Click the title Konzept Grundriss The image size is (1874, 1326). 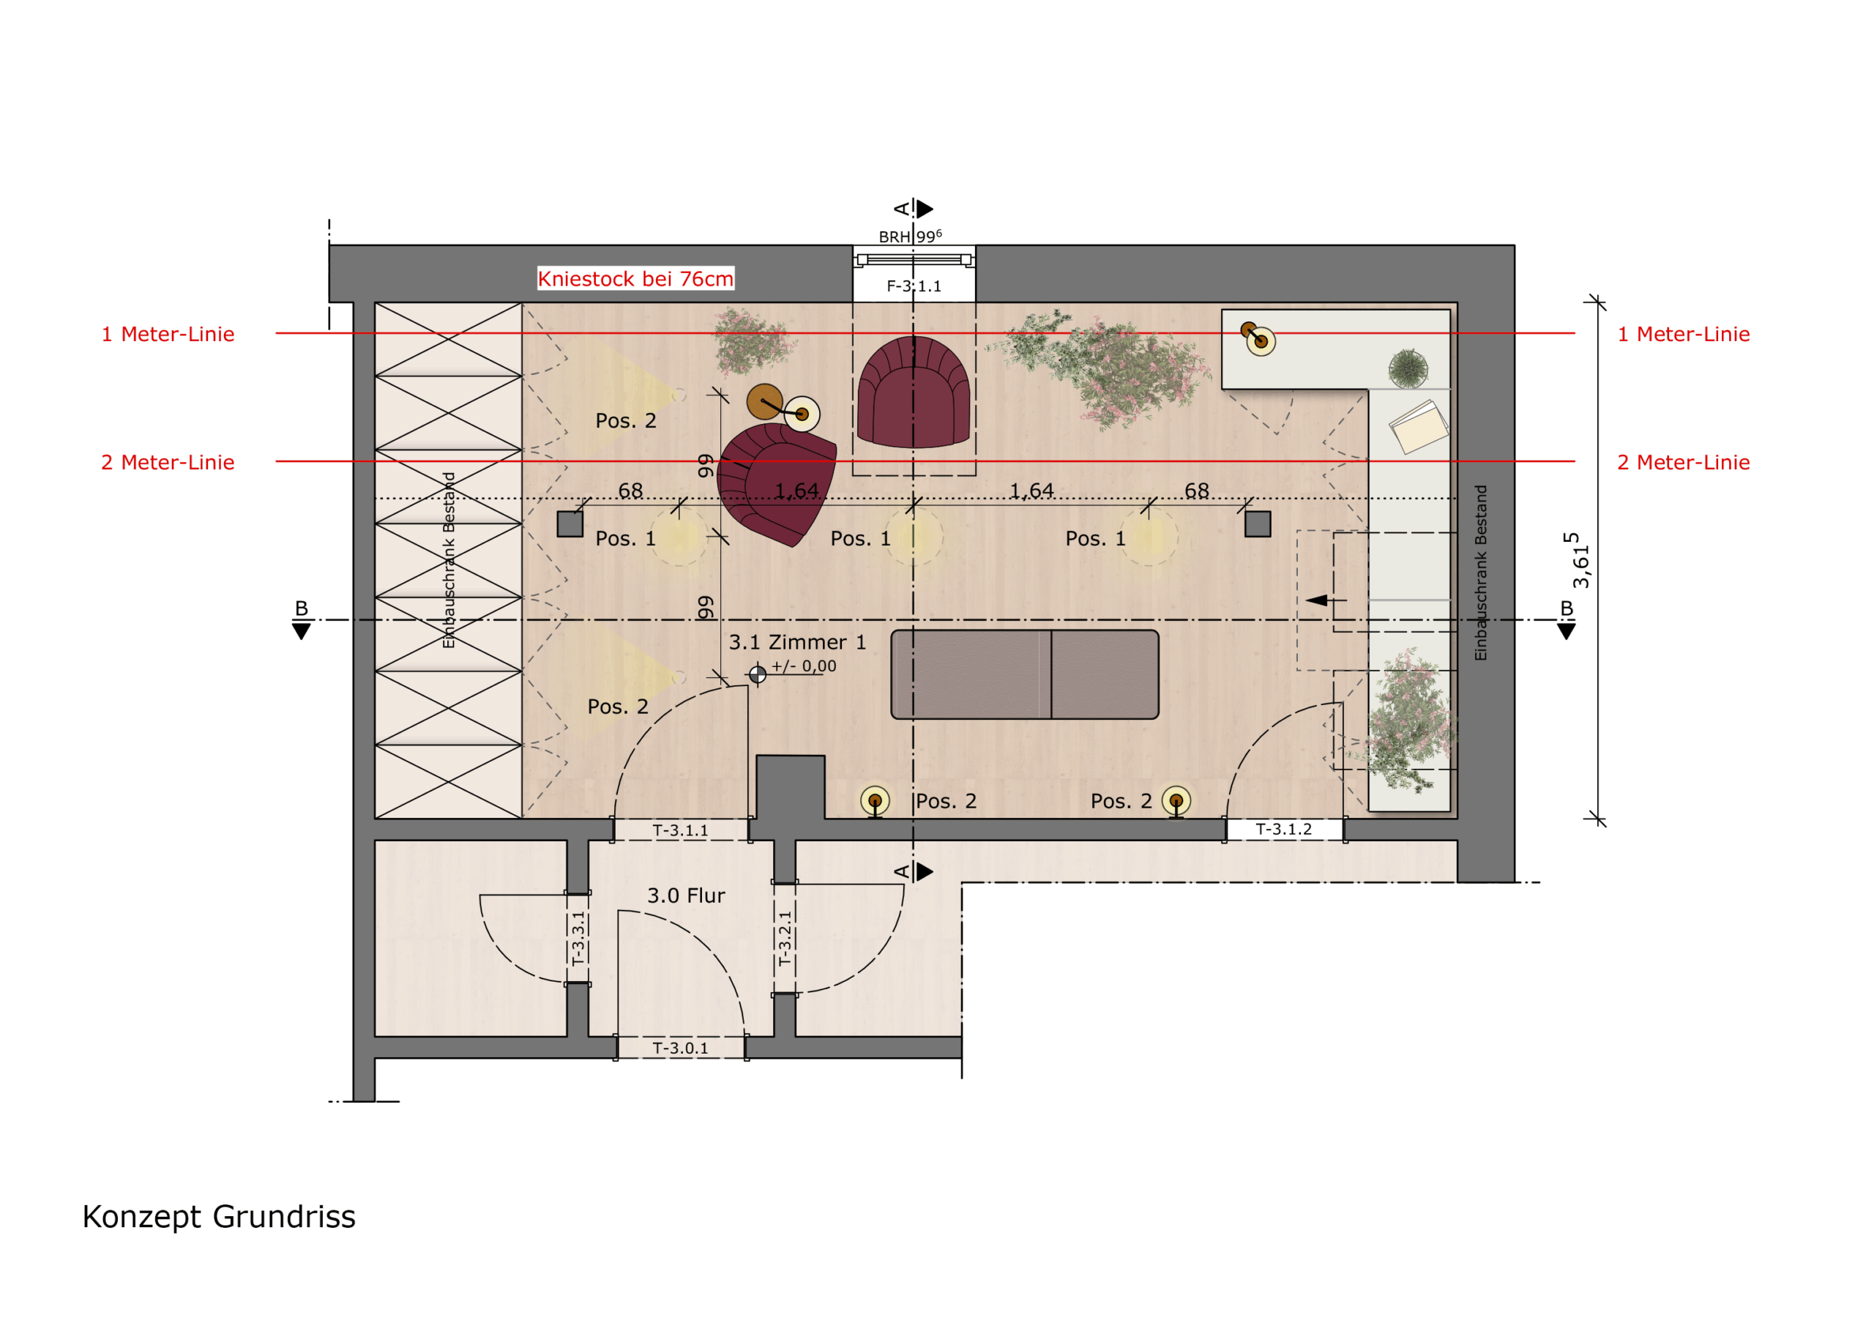pyautogui.click(x=219, y=1218)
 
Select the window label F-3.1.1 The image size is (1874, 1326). pyautogui.click(x=914, y=286)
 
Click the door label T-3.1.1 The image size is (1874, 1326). pyautogui.click(x=680, y=830)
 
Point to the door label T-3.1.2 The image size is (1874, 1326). pyautogui.click(x=1283, y=830)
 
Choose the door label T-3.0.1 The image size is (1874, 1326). pyautogui.click(x=680, y=1048)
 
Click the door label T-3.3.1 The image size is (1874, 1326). pyautogui.click(x=578, y=939)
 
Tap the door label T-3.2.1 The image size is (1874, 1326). pyautogui.click(x=784, y=939)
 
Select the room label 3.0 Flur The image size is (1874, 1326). pyautogui.click(x=686, y=895)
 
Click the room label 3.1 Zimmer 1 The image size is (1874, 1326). pyautogui.click(x=796, y=643)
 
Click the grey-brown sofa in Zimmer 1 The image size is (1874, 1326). pyautogui.click(x=1024, y=674)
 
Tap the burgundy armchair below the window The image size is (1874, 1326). pyautogui.click(x=914, y=392)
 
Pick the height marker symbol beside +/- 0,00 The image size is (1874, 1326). pyautogui.click(x=758, y=674)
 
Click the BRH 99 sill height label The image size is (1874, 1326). pyautogui.click(x=909, y=236)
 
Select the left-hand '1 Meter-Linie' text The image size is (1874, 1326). pyautogui.click(x=168, y=334)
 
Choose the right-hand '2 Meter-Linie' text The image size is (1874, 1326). pyautogui.click(x=1683, y=462)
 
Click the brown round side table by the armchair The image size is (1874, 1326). pyautogui.click(x=765, y=402)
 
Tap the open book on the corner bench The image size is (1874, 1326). pyautogui.click(x=1419, y=426)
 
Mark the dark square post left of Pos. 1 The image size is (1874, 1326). pyautogui.click(x=570, y=524)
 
